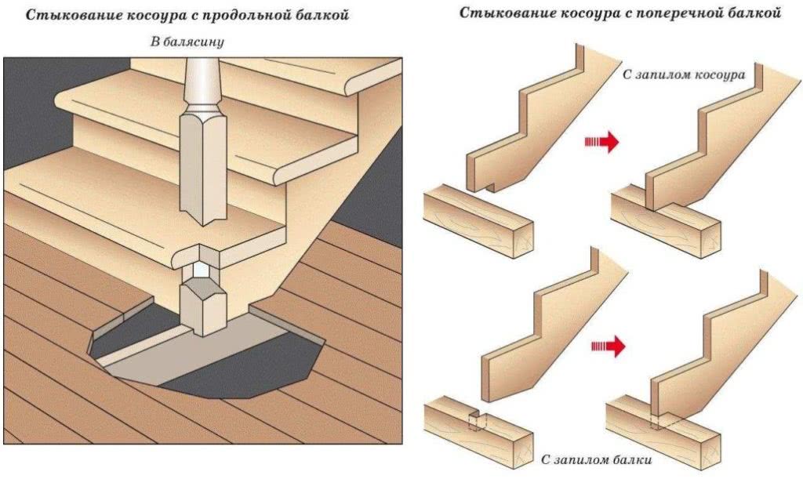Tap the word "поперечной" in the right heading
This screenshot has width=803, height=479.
point(681,13)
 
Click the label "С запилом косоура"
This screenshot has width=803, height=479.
point(682,73)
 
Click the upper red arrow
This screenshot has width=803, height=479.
point(602,142)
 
